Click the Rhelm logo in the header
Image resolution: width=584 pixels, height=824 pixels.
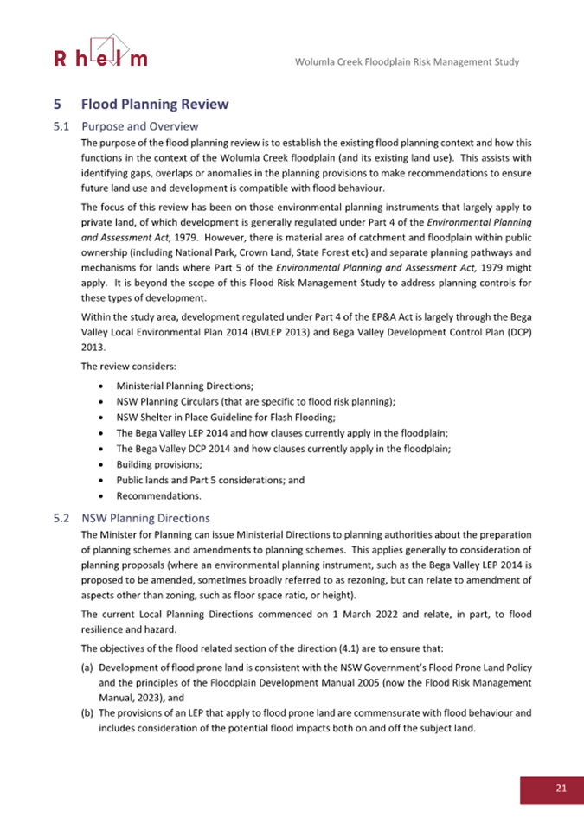[100, 53]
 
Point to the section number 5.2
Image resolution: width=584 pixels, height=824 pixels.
[61, 519]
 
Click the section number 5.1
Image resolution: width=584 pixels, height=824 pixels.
[61, 126]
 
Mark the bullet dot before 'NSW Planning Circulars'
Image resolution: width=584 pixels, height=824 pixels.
[104, 401]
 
